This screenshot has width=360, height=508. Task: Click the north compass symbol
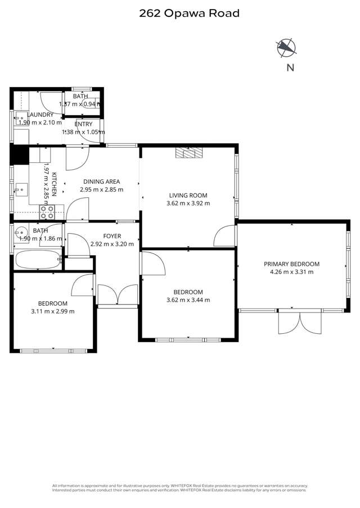(x=287, y=48)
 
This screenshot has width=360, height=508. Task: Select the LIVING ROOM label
(x=188, y=196)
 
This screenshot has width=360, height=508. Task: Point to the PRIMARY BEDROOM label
(x=291, y=264)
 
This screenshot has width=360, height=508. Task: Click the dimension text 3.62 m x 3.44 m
(x=188, y=300)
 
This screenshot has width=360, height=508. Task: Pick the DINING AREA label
(x=101, y=182)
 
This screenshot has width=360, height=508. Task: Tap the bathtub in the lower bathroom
(x=37, y=260)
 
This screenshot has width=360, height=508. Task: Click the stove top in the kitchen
(x=46, y=212)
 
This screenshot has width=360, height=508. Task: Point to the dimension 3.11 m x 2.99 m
(x=53, y=311)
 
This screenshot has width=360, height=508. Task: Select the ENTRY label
(x=83, y=124)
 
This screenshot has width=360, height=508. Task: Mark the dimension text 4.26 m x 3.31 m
(x=291, y=271)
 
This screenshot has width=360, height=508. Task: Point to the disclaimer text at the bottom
(x=180, y=488)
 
